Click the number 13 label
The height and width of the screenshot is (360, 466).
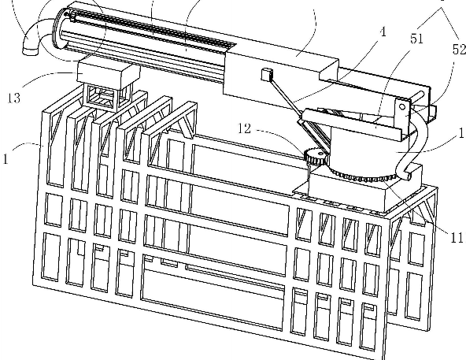coord(14,98)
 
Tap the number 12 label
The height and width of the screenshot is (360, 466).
coord(244,128)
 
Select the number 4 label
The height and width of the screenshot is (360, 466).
coord(383,32)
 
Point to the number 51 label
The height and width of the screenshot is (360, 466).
coord(416,39)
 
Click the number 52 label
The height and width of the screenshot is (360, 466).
coord(459,50)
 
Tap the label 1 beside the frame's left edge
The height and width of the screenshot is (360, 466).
coord(6,158)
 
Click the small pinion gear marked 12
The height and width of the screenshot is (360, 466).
coord(316,157)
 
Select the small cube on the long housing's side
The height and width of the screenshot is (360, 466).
coord(267,74)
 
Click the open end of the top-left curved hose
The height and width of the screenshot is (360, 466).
coord(31,52)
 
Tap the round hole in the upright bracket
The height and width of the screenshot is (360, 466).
coord(402,107)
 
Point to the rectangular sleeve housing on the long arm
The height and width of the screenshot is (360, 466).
coord(280,76)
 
